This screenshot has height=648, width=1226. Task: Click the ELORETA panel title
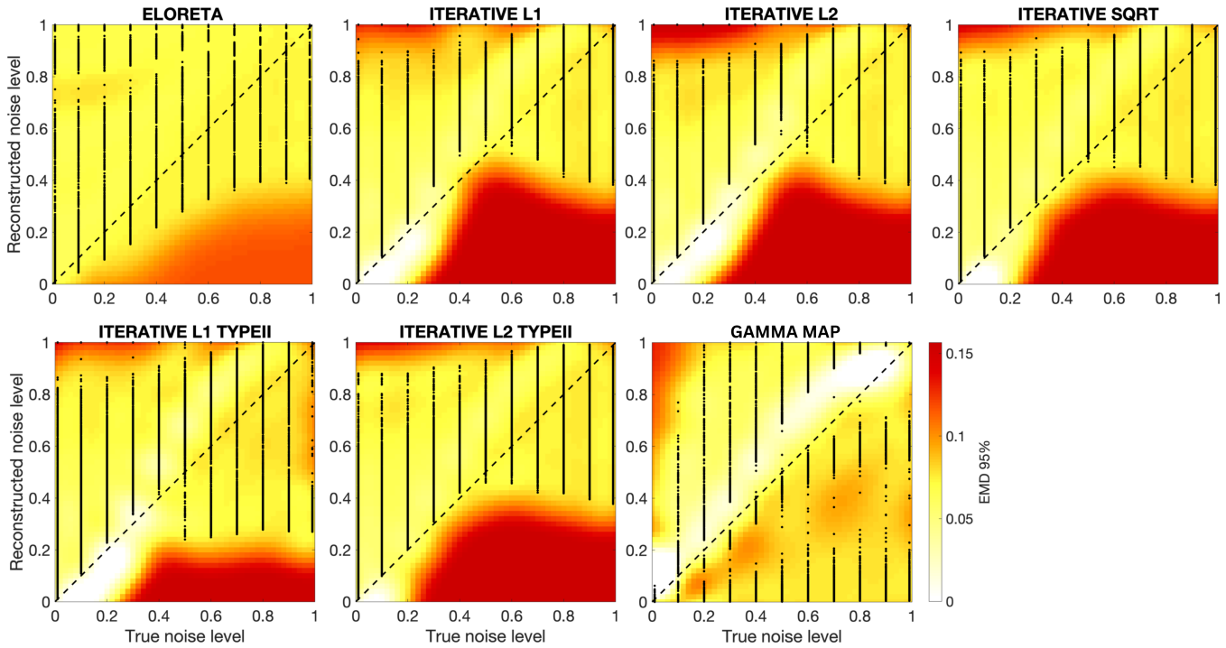184,13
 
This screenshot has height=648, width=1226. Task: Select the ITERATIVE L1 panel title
484,13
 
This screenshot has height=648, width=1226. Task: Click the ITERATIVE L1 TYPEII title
184,333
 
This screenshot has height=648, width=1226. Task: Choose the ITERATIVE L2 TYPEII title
484,333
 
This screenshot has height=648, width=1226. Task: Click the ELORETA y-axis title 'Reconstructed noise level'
15,154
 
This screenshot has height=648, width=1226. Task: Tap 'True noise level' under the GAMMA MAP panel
782,636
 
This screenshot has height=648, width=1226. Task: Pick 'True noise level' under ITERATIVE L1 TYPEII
184,636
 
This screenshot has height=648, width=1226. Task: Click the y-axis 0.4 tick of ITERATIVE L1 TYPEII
37,498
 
